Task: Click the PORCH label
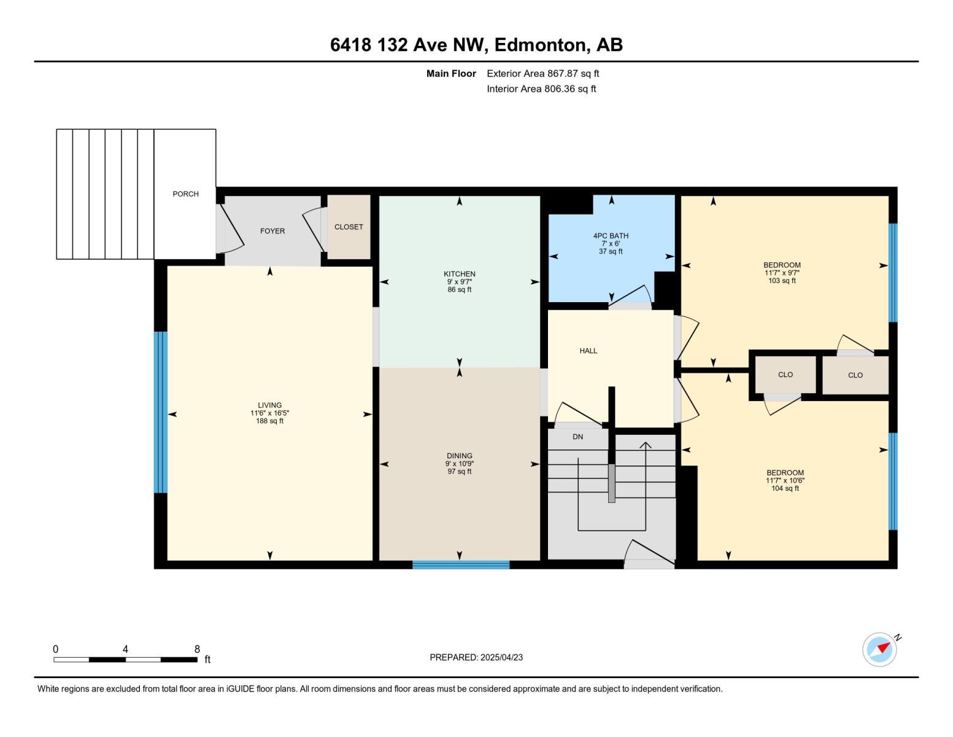[185, 194]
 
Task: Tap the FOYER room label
[272, 232]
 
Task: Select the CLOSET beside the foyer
[349, 227]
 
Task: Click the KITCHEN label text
[460, 274]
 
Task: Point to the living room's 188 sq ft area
[270, 421]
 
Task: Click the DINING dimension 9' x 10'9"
[460, 464]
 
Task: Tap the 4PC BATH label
[611, 236]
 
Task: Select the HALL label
[588, 351]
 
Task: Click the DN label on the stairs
[577, 437]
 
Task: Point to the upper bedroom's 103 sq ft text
[782, 281]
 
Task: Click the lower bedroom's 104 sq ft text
[785, 488]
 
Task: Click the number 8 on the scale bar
[197, 649]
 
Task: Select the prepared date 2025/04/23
[501, 657]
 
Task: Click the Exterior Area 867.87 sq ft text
[542, 74]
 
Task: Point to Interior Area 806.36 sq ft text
[541, 89]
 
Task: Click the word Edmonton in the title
[538, 45]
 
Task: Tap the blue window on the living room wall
[160, 412]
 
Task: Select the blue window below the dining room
[461, 565]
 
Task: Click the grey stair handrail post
[611, 483]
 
